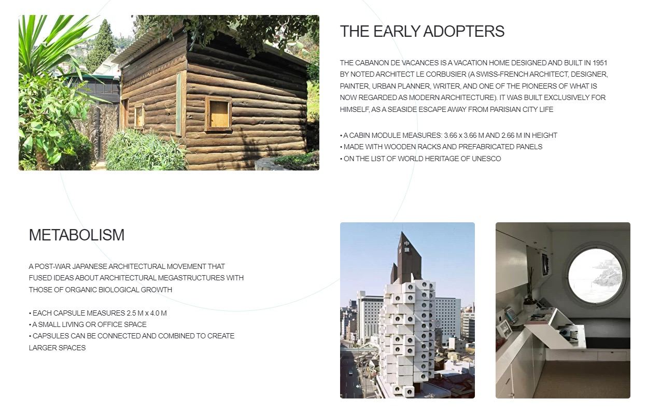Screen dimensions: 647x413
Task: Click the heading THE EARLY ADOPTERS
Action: point(422,31)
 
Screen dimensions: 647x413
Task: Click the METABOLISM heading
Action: point(77,235)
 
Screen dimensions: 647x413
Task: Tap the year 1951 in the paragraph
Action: point(600,63)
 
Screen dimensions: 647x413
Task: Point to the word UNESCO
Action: point(486,159)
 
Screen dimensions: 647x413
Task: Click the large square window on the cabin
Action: point(218,114)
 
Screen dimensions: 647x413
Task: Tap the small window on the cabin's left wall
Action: point(139,116)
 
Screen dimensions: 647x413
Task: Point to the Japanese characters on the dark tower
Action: point(406,246)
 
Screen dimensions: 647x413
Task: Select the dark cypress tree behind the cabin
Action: point(101,45)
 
